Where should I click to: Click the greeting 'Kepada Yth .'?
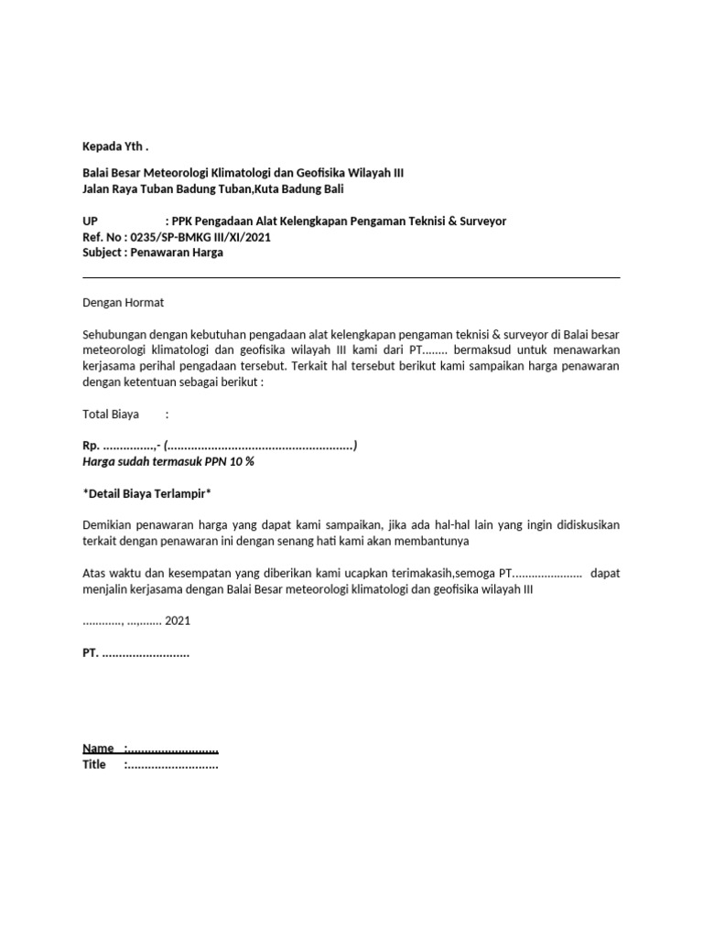click(114, 147)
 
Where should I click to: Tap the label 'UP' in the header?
click(90, 221)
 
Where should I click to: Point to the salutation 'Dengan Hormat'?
click(123, 302)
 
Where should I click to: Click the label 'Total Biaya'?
click(111, 415)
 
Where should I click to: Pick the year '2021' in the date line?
click(178, 620)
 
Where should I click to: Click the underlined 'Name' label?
click(98, 749)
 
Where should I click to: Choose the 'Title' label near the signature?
click(94, 764)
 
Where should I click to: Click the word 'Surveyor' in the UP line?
click(480, 221)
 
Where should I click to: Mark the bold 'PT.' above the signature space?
click(91, 654)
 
